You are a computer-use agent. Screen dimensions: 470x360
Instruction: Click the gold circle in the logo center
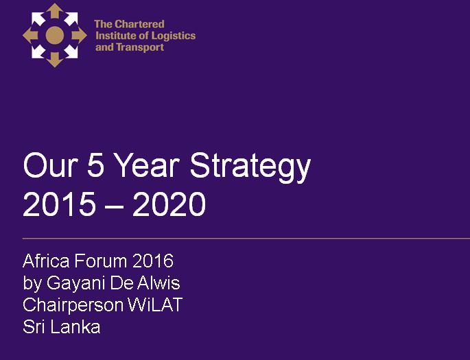point(55,36)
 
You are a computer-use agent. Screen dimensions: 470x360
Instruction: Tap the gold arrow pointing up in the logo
point(55,12)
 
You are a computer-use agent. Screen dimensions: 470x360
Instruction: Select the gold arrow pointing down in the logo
point(55,59)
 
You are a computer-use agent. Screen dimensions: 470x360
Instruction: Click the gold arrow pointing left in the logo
point(31,36)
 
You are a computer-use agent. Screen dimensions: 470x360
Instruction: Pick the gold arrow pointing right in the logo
point(79,36)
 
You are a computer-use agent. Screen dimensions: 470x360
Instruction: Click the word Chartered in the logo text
point(140,24)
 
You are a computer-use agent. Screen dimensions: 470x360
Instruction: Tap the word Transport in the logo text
point(140,47)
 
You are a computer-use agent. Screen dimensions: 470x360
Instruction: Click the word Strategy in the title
point(250,166)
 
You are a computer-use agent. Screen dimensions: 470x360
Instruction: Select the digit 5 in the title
point(96,165)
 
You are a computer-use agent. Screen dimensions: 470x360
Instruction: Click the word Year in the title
point(147,165)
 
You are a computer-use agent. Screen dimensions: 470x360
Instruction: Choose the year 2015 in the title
point(59,204)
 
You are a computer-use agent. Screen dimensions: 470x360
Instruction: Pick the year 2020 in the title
point(169,204)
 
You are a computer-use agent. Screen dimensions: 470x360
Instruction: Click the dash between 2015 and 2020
point(114,206)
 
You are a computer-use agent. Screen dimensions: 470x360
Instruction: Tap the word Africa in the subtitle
point(46,261)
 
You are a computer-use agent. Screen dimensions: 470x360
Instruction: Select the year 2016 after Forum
point(153,261)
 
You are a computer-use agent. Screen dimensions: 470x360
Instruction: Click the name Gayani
point(76,283)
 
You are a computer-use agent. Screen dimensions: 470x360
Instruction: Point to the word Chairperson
point(73,305)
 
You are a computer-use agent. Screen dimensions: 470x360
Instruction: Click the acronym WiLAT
point(155,304)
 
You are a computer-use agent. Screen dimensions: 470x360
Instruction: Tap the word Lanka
point(75,326)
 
